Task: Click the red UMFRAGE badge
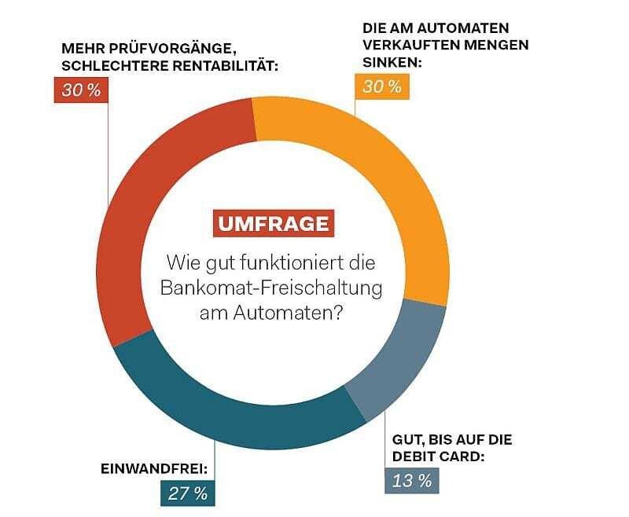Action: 274,223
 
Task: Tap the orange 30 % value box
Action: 382,86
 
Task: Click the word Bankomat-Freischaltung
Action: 271,288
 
